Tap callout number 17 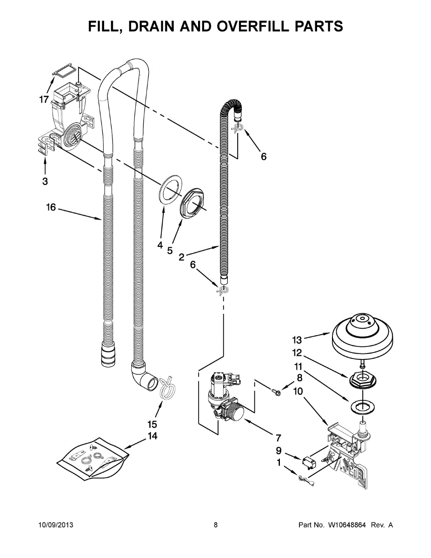click(44, 100)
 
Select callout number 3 click(45, 181)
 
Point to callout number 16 click(51, 207)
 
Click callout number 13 click(297, 340)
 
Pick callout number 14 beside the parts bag click(153, 436)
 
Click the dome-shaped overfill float click(363, 336)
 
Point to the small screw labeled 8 click(276, 392)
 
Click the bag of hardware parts click(93, 457)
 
